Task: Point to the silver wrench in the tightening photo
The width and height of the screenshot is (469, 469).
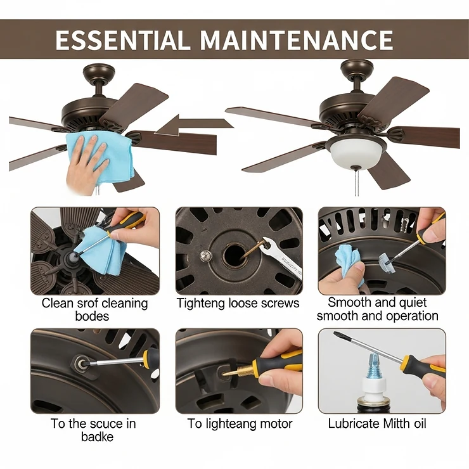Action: [281, 257]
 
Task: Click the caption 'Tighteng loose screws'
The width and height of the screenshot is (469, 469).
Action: [238, 303]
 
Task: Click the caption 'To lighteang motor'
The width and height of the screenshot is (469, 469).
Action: [240, 423]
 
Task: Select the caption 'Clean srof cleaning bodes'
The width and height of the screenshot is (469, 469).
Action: [94, 309]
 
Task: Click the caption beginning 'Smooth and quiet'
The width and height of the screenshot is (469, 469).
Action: [378, 309]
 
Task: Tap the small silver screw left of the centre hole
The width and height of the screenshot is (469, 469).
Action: [205, 255]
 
